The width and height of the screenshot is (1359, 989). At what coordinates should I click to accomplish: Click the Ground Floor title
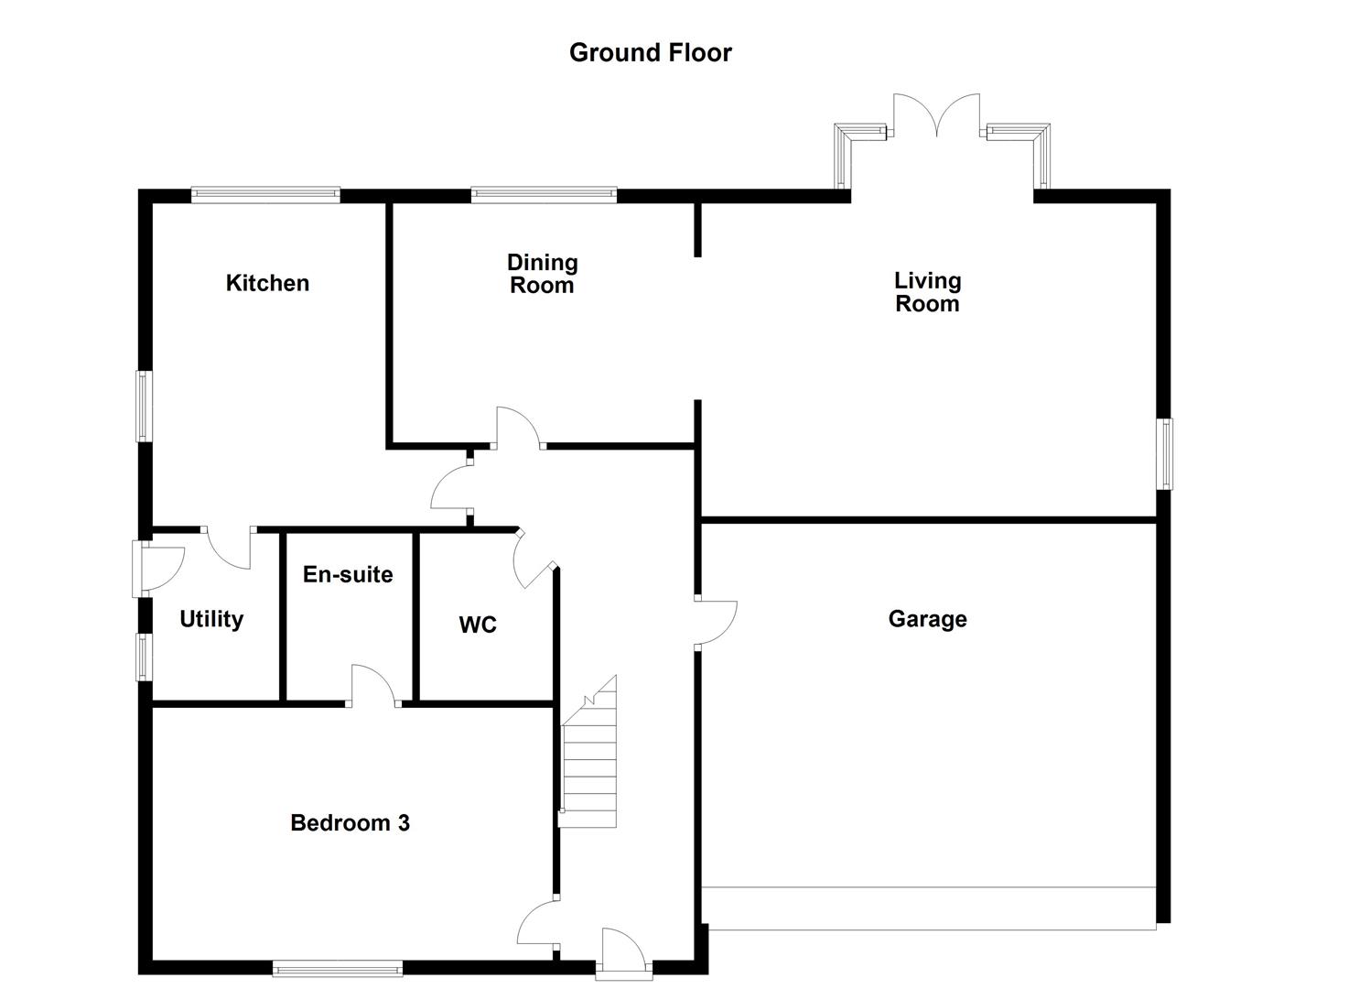click(x=650, y=52)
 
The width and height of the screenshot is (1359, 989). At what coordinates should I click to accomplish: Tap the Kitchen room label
click(x=267, y=283)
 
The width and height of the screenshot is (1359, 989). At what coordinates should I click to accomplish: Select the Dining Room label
click(x=542, y=274)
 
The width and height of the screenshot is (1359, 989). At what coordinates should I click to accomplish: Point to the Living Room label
click(x=927, y=292)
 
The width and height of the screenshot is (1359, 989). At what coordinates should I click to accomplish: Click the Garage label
click(x=927, y=619)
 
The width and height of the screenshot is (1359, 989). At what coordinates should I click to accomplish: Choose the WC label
click(x=478, y=625)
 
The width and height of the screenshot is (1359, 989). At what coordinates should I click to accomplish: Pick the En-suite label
click(x=348, y=574)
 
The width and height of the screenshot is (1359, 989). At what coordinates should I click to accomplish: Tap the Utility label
click(x=211, y=619)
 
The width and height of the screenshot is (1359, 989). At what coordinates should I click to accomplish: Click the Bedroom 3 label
click(x=350, y=822)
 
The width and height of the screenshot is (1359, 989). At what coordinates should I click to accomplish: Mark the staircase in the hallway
click(x=589, y=755)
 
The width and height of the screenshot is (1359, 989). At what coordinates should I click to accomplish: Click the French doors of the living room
click(x=936, y=117)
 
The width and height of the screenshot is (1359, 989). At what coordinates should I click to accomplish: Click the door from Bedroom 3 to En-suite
click(x=373, y=685)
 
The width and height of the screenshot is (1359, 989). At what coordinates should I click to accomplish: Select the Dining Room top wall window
click(x=544, y=194)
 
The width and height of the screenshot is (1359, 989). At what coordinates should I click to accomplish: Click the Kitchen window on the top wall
click(x=265, y=194)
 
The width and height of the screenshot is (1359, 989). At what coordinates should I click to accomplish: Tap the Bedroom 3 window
click(x=337, y=967)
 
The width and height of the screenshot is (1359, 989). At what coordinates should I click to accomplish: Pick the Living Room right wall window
click(x=1164, y=453)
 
